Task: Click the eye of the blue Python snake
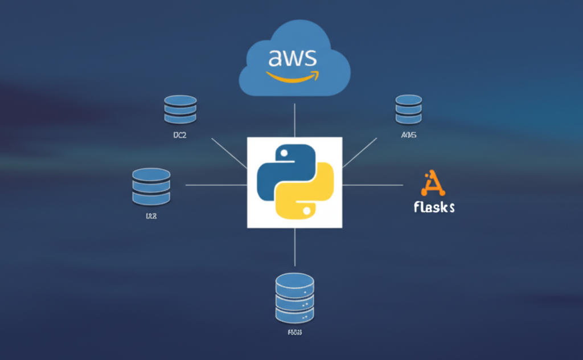(x=281, y=154)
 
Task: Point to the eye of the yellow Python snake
(x=307, y=210)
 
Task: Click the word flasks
(x=434, y=206)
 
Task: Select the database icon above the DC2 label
(x=180, y=109)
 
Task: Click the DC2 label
(x=180, y=136)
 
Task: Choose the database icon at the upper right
(x=408, y=109)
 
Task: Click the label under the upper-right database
(x=409, y=136)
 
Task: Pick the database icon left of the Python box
(x=151, y=186)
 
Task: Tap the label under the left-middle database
(x=151, y=216)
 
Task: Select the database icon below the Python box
(x=294, y=297)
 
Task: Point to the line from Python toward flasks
(x=372, y=185)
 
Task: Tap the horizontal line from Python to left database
(x=216, y=185)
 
